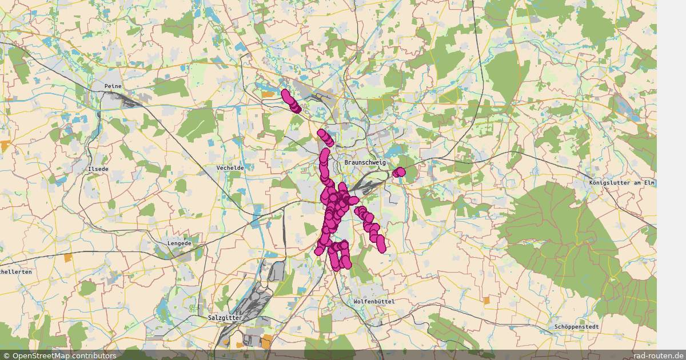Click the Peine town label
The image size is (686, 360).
pyautogui.click(x=113, y=86)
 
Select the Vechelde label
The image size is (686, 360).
pyautogui.click(x=230, y=168)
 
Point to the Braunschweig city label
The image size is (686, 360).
pyautogui.click(x=365, y=162)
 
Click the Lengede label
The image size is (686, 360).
pyautogui.click(x=179, y=243)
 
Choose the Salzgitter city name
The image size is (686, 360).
pyautogui.click(x=225, y=317)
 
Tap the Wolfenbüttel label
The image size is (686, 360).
pyautogui.click(x=374, y=301)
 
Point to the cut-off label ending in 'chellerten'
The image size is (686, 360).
pyautogui.click(x=16, y=272)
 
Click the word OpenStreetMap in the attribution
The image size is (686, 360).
pyautogui.click(x=39, y=355)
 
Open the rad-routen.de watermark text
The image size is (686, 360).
pyautogui.click(x=658, y=355)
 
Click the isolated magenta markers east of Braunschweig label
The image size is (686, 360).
pyautogui.click(x=399, y=171)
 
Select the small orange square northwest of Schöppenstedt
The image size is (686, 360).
pyautogui.click(x=487, y=300)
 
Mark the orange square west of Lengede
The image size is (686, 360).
pyautogui.click(x=69, y=258)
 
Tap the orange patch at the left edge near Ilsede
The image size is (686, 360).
pyautogui.click(x=5, y=146)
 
